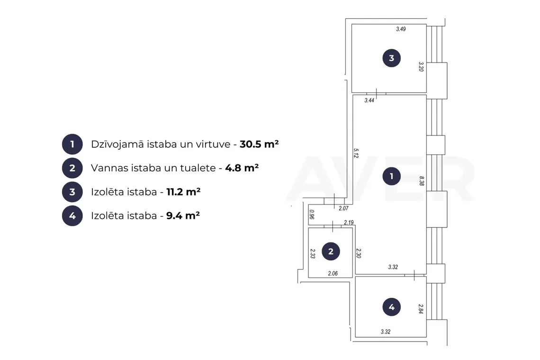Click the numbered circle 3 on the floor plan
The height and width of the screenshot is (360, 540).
pyautogui.click(x=392, y=58)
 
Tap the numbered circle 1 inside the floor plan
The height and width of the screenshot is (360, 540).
pyautogui.click(x=392, y=176)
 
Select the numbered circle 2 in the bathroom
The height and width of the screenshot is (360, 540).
pyautogui.click(x=331, y=251)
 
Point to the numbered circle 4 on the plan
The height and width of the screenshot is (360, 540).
pyautogui.click(x=392, y=306)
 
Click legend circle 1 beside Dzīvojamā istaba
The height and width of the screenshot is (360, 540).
pyautogui.click(x=72, y=144)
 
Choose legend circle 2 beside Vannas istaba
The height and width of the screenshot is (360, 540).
pyautogui.click(x=72, y=168)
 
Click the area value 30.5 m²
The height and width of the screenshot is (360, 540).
pyautogui.click(x=259, y=144)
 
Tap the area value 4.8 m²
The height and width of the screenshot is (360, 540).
pyautogui.click(x=242, y=168)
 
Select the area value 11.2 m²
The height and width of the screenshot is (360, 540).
pyautogui.click(x=184, y=191)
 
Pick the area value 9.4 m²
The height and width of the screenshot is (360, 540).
pyautogui.click(x=183, y=216)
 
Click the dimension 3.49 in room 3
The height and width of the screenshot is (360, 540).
pyautogui.click(x=401, y=29)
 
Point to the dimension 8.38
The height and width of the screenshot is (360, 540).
pyautogui.click(x=422, y=181)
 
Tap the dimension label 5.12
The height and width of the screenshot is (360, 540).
pyautogui.click(x=356, y=153)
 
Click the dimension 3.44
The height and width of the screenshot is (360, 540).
pyautogui.click(x=369, y=100)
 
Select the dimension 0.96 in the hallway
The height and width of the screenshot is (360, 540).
pyautogui.click(x=312, y=215)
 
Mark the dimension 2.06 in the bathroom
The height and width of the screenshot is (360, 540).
pyautogui.click(x=333, y=273)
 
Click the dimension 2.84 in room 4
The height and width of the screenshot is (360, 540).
pyautogui.click(x=421, y=309)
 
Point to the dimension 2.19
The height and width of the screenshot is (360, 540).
pyautogui.click(x=349, y=223)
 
